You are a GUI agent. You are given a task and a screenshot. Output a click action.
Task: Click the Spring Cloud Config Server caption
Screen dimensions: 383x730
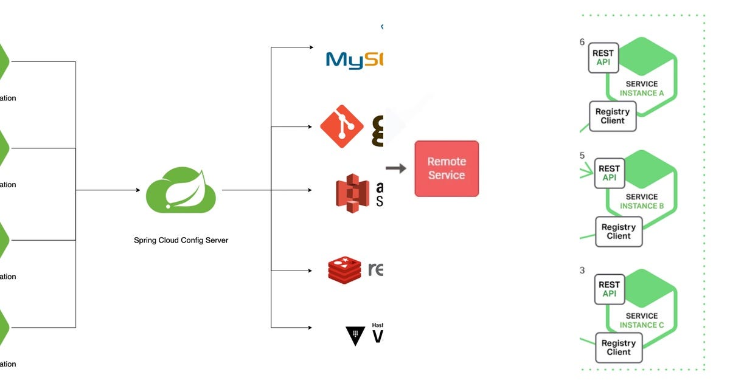point(181,240)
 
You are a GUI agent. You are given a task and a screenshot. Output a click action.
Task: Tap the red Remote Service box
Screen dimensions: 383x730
point(447,168)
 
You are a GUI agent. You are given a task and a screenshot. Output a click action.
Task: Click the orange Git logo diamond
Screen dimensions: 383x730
point(342,126)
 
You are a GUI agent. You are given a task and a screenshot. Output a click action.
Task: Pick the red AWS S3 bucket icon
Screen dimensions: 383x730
point(353,193)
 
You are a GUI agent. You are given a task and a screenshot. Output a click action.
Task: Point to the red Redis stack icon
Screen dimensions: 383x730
point(345,269)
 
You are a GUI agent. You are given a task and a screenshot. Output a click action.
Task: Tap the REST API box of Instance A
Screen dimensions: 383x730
point(603,58)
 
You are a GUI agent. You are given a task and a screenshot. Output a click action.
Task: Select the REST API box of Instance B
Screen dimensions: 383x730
point(609,173)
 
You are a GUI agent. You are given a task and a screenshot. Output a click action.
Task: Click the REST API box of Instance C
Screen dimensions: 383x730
point(609,289)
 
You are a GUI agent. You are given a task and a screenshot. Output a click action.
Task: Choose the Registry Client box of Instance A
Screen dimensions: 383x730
point(612,116)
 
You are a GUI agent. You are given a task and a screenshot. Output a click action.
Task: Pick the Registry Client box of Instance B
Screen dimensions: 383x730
point(618,232)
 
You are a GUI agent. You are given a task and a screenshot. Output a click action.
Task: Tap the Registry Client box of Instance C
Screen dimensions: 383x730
point(618,347)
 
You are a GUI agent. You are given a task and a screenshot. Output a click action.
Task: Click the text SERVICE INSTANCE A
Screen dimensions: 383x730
point(642,89)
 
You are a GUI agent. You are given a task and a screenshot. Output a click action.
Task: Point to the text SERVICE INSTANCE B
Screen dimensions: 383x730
point(642,201)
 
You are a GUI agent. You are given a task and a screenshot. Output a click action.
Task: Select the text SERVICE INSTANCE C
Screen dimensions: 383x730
point(642,320)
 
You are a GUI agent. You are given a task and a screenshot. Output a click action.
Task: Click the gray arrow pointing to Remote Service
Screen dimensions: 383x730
point(397,168)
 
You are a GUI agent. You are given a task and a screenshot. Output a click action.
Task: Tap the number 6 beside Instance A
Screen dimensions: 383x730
point(582,42)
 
